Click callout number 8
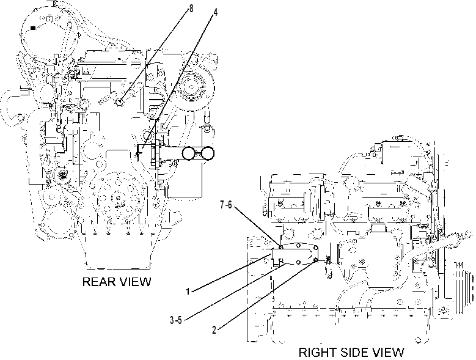point(191,9)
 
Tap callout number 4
point(215,12)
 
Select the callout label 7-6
point(226,205)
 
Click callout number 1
point(188,292)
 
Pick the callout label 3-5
point(176,320)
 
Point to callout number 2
point(214,330)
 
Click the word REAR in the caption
point(98,282)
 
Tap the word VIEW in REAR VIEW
point(134,282)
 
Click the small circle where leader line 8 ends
point(120,103)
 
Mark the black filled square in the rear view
point(33,28)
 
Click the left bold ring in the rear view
point(189,153)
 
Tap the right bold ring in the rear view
point(208,153)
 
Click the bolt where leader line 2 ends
point(316,260)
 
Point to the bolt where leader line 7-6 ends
point(281,248)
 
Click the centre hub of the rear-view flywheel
point(118,199)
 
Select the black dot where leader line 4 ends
point(138,154)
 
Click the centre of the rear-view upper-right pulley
point(191,87)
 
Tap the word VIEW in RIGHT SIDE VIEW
point(389,353)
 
